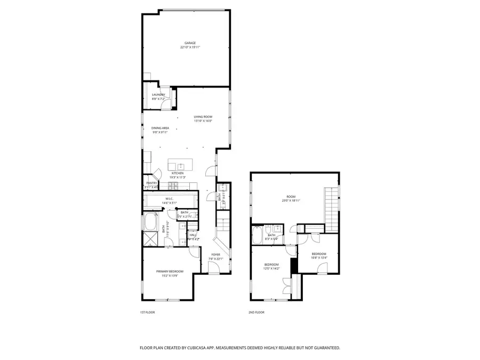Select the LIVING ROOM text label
(203, 118)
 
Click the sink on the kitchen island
(180, 165)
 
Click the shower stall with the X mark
(149, 238)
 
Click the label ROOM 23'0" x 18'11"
(291, 199)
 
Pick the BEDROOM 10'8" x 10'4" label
(319, 256)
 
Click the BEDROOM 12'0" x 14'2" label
(271, 267)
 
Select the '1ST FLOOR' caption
(147, 313)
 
